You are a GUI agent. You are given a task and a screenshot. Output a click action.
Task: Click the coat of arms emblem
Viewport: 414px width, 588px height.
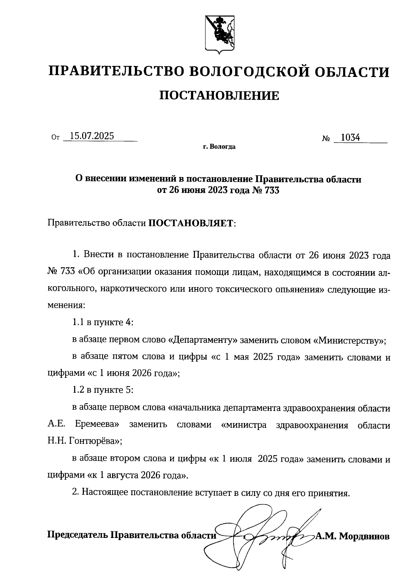coord(219,34)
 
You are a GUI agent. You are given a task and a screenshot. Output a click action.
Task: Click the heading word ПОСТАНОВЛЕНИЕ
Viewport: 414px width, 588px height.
coord(219,96)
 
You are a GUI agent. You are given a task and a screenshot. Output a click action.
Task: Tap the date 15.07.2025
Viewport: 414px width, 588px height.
coord(91,136)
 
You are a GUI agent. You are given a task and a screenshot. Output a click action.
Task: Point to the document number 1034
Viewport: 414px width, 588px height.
coord(350,138)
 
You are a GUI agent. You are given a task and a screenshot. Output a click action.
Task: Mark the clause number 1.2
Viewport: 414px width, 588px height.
coord(78,390)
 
